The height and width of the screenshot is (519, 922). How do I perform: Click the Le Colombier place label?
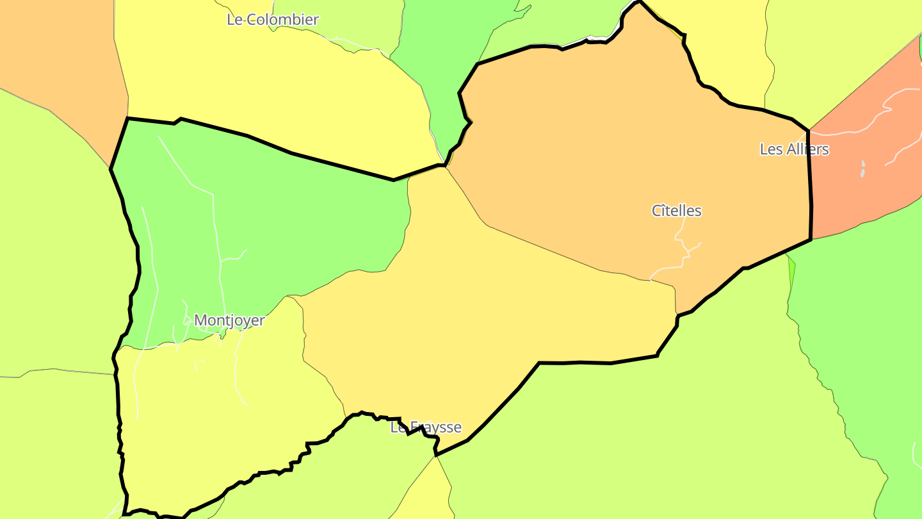[273, 20]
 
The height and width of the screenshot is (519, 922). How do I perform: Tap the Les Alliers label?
[794, 149]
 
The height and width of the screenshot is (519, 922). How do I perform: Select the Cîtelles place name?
[676, 211]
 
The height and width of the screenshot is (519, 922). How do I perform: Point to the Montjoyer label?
[229, 320]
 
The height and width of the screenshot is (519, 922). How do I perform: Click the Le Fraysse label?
[426, 427]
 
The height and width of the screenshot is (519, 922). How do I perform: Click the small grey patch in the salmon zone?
[863, 169]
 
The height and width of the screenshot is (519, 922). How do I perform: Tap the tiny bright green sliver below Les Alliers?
[791, 269]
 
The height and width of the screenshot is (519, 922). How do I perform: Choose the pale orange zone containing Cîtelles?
[608, 160]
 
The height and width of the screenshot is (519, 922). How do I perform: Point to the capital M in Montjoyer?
[200, 320]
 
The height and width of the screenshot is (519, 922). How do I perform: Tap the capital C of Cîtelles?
[656, 211]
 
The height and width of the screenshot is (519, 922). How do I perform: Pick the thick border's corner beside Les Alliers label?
[808, 131]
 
